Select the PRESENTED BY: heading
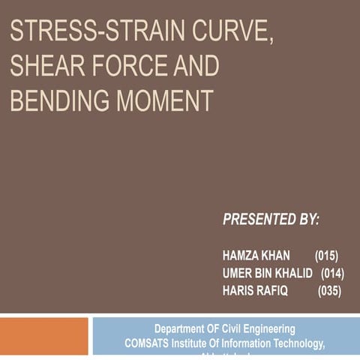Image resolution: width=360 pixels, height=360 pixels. tap(271, 219)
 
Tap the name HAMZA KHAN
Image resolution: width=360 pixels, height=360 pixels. tap(256, 256)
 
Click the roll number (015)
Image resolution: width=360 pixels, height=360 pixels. tap(327, 256)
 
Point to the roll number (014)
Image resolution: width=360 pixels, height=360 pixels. tap(332, 273)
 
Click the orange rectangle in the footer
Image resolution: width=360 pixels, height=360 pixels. tap(43, 335)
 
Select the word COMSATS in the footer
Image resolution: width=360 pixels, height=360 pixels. tap(148, 343)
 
